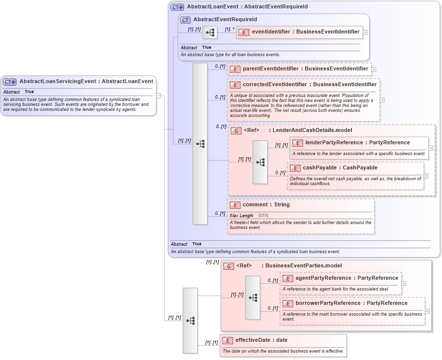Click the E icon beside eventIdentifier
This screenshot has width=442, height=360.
pyautogui.click(x=243, y=32)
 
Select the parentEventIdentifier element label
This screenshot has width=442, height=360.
pyautogui.click(x=306, y=68)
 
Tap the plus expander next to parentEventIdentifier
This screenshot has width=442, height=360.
pyautogui.click(x=374, y=69)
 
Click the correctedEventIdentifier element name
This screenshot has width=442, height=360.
pyautogui.click(x=309, y=84)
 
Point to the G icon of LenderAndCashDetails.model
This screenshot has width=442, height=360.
pyautogui.click(x=236, y=131)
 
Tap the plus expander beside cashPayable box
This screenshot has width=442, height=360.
pyautogui.click(x=426, y=176)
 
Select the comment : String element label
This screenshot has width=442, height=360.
pyautogui.click(x=266, y=204)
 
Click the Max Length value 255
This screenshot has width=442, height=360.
pyautogui.click(x=263, y=216)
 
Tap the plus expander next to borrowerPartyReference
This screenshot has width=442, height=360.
pyautogui.click(x=427, y=311)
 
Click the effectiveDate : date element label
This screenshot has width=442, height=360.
pyautogui.click(x=261, y=340)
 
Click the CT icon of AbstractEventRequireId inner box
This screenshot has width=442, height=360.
pyautogui.click(x=185, y=20)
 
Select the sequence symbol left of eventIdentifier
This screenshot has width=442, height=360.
pyautogui.click(x=210, y=33)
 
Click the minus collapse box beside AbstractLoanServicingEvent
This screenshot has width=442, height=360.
pyautogui.click(x=159, y=96)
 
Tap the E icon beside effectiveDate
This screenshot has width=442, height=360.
pyautogui.click(x=227, y=340)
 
